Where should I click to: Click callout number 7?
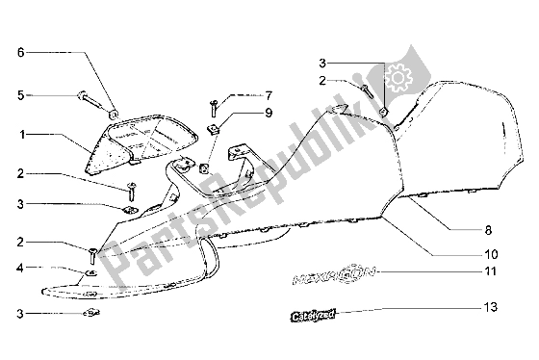[x=269, y=94]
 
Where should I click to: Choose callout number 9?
[x=269, y=114]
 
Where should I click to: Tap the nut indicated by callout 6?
[x=114, y=115]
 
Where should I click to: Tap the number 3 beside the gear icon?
[x=324, y=63]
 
